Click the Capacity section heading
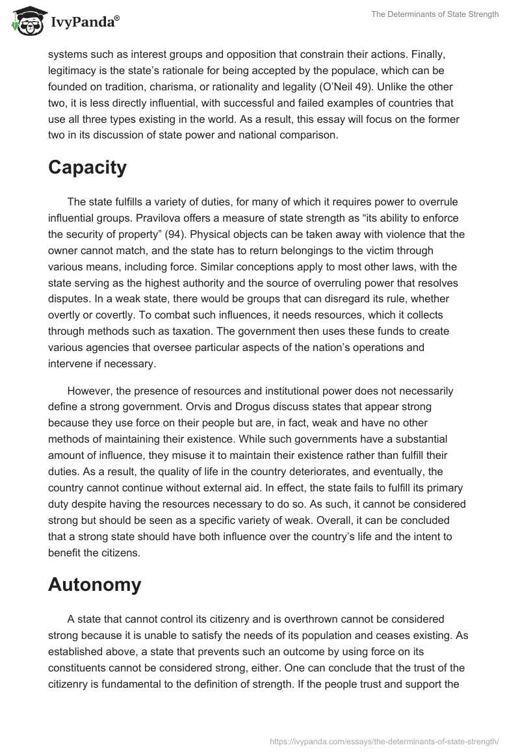(87, 168)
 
